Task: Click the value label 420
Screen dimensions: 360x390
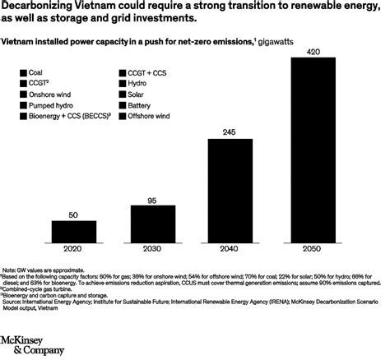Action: pos(313,51)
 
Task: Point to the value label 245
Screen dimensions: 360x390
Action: pos(231,132)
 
